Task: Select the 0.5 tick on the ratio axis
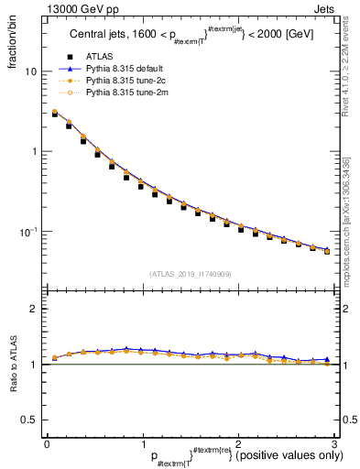[x=31, y=420]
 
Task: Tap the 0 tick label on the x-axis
[x=47, y=443]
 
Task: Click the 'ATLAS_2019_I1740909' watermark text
[x=191, y=274]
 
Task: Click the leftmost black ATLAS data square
[x=55, y=115]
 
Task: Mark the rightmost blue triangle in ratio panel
[x=326, y=359]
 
